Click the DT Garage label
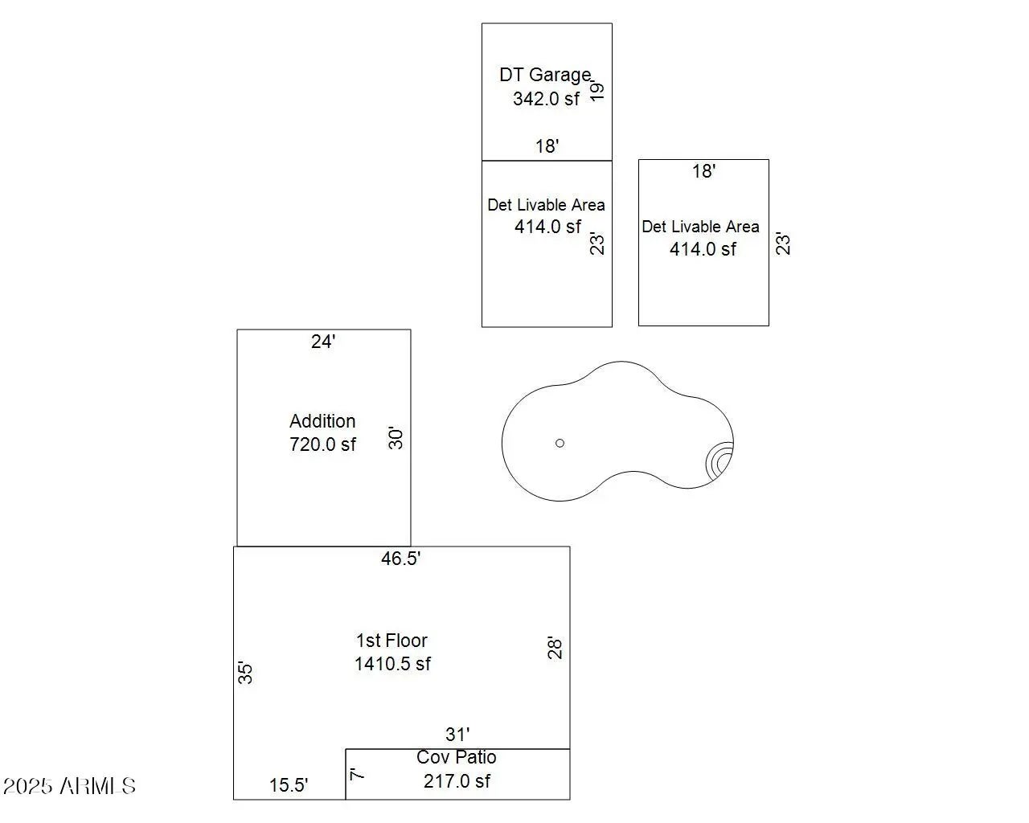tap(545, 75)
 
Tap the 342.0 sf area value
tap(546, 99)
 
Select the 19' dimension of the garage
tap(596, 90)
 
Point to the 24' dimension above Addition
tap(323, 342)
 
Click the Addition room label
tap(322, 421)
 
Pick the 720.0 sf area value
tap(322, 444)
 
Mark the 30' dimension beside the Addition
tap(396, 438)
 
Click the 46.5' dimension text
tap(400, 559)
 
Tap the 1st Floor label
tap(392, 641)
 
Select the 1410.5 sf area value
tap(392, 664)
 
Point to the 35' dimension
tap(246, 672)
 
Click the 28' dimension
tap(555, 647)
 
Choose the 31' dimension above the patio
tap(457, 735)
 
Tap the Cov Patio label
tap(457, 757)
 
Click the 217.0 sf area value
tap(457, 781)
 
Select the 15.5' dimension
tap(289, 785)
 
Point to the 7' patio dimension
tap(357, 774)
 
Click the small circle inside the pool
tap(560, 443)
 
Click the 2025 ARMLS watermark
tap(70, 785)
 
